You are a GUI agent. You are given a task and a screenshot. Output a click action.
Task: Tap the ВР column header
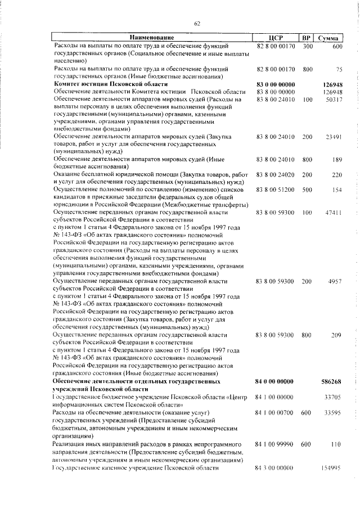click(307, 37)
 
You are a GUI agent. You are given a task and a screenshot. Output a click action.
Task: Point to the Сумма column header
click(328, 37)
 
